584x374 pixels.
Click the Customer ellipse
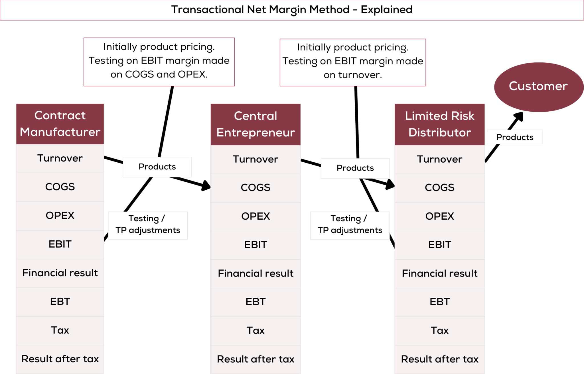[538, 86]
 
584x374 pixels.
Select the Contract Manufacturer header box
[60, 124]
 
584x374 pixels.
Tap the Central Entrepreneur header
[255, 124]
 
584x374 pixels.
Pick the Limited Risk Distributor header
[439, 124]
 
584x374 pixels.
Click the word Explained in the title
[386, 10]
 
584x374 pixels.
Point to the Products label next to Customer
[515, 137]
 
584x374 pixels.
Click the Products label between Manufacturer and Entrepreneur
[157, 167]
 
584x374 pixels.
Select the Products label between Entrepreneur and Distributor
[355, 168]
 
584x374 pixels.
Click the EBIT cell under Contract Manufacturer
[60, 244]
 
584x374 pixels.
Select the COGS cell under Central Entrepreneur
[255, 188]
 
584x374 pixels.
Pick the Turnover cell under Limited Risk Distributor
[439, 159]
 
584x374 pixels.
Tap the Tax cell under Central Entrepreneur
[255, 331]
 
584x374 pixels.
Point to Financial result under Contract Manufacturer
[60, 273]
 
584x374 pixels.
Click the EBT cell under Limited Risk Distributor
[439, 302]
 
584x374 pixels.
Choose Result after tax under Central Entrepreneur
[255, 359]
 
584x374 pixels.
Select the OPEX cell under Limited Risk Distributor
[439, 216]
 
